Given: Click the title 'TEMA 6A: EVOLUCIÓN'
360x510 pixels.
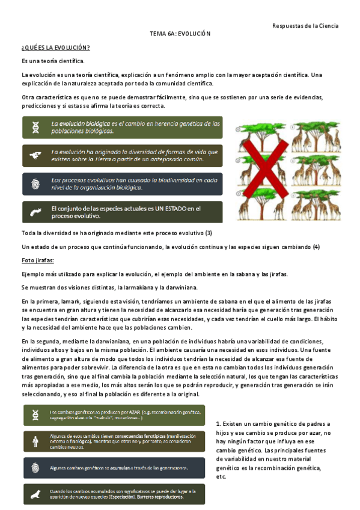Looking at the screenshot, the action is [180, 35].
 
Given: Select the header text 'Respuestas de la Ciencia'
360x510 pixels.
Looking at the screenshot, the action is [305, 26].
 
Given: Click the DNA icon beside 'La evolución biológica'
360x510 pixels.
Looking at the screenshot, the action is [37, 127].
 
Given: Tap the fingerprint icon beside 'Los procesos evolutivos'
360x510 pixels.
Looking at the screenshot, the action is [37, 183].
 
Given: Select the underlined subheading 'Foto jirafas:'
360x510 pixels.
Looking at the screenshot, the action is [38, 260].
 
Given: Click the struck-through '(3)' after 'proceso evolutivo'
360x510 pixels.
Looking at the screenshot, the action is [209, 233].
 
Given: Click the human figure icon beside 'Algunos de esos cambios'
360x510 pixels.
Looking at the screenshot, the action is [37, 441].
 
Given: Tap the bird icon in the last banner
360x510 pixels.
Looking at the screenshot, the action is [37, 494].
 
